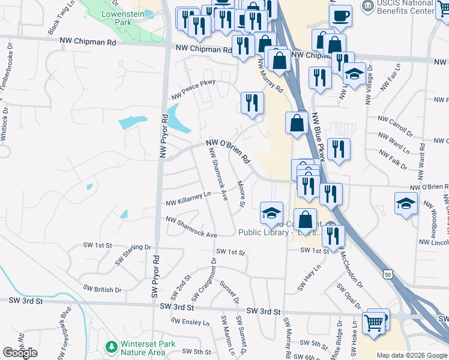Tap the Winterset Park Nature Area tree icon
pyautogui.click(x=110, y=347)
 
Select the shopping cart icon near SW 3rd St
pyautogui.click(x=374, y=323)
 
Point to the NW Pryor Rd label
pyautogui.click(x=162, y=136)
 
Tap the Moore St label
pyautogui.click(x=241, y=194)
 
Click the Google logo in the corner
pyautogui.click(x=20, y=353)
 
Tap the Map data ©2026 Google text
pyautogui.click(x=412, y=355)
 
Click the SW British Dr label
pyautogui.click(x=102, y=289)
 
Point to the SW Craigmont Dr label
pyautogui.click(x=204, y=280)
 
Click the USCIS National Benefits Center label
pyautogui.click(x=404, y=8)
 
